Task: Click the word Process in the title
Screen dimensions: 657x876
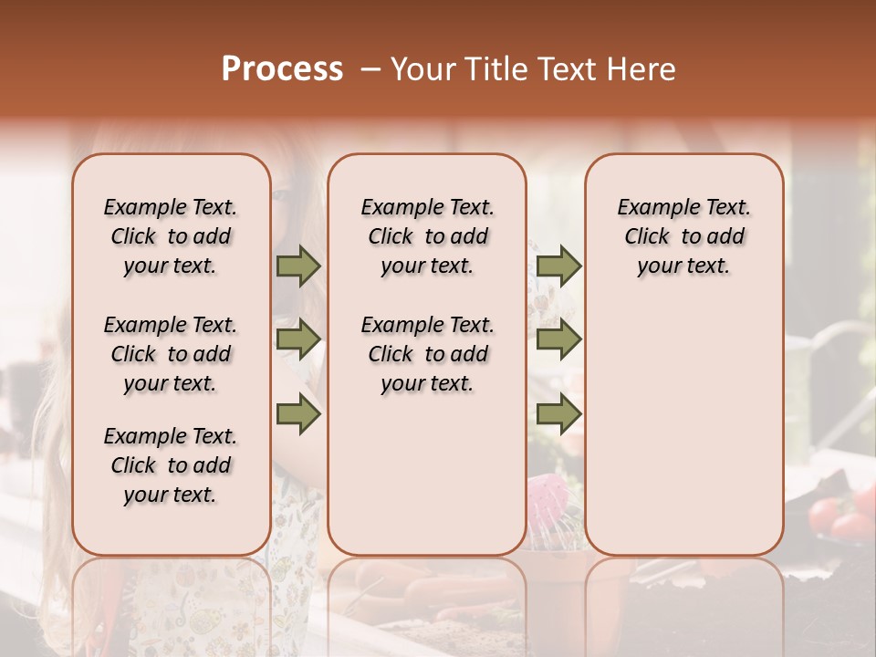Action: tap(282, 69)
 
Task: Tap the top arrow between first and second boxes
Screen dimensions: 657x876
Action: tap(298, 266)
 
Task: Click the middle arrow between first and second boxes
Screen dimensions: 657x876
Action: tap(298, 339)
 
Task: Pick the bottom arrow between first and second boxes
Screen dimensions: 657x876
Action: tap(298, 414)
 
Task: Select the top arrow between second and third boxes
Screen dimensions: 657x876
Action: tap(558, 266)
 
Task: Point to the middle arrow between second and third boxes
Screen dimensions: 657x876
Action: tap(558, 339)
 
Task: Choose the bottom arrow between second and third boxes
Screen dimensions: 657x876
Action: tap(558, 414)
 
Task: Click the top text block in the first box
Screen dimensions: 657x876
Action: tap(171, 236)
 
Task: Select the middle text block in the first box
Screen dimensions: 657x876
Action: tap(171, 354)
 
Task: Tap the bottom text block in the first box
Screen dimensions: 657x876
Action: tap(171, 465)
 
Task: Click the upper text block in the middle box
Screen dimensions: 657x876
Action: tap(428, 236)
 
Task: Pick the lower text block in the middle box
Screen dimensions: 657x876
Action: tap(428, 354)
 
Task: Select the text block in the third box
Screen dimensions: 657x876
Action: tap(684, 236)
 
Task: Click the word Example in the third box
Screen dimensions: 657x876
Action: tap(652, 208)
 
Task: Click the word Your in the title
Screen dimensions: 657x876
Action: tap(424, 69)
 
